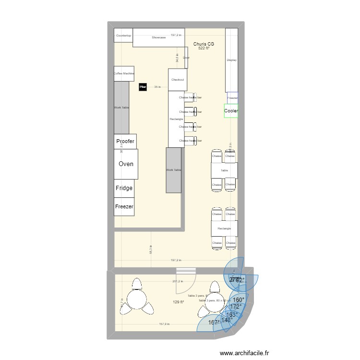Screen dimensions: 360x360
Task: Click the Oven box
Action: point(126,164)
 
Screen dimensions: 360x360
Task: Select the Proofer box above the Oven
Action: point(125,142)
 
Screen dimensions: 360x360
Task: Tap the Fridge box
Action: point(124,188)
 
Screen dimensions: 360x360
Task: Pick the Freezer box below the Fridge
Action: point(124,206)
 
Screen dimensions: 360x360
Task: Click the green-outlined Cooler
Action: point(231,111)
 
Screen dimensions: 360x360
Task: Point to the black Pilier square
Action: point(143,87)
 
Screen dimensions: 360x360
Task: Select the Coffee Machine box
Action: point(124,73)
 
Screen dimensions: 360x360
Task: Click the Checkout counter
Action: point(178,80)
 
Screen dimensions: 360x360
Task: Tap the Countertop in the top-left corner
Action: point(123,36)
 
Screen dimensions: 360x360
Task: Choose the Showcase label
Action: point(159,37)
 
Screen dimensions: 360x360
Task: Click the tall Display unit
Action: point(232,60)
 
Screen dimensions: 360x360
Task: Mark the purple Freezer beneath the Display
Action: point(232,97)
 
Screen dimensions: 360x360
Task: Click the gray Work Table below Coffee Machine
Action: point(121,108)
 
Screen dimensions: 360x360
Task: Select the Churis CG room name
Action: point(204,44)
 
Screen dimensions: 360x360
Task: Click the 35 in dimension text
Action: point(156,87)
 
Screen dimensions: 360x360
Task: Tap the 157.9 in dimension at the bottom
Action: point(166,324)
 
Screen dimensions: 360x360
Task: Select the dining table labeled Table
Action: point(224,170)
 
